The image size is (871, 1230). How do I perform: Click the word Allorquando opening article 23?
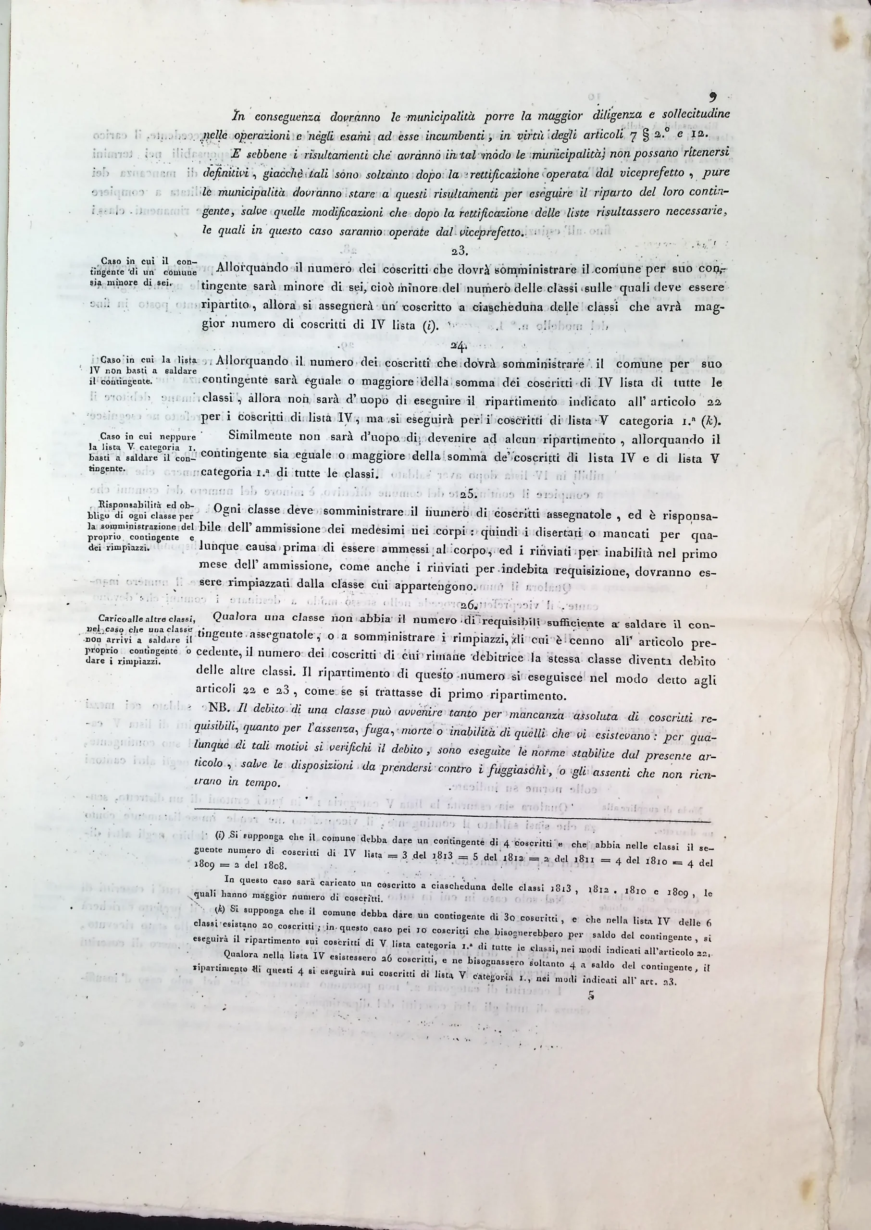point(251,268)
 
